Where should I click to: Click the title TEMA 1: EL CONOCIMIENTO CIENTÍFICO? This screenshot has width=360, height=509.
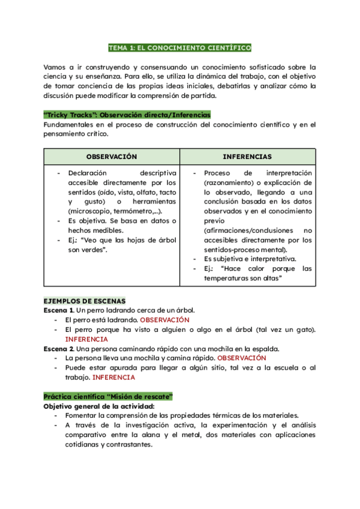click(x=179, y=47)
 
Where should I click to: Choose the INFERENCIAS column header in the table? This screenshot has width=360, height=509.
click(x=247, y=157)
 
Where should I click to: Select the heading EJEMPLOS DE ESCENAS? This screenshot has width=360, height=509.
click(x=85, y=300)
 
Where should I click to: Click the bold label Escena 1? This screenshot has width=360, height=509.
click(x=59, y=310)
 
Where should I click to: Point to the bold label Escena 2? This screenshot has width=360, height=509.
click(x=59, y=349)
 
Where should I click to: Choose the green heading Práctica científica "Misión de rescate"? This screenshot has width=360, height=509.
click(x=109, y=397)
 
